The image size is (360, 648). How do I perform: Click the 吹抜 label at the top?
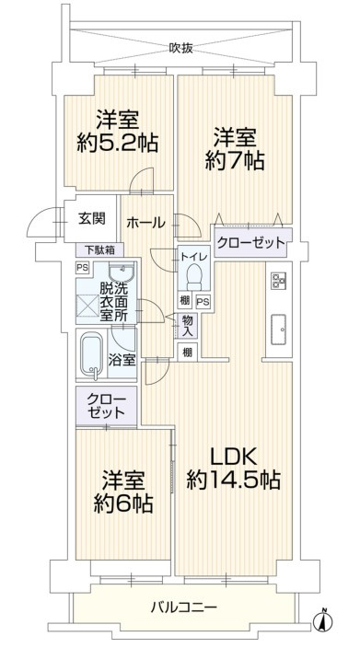[180, 49]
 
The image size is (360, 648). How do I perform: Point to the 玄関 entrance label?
[91, 220]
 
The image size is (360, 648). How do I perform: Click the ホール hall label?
[145, 222]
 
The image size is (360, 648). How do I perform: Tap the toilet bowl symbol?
[194, 276]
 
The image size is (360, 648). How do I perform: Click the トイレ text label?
[193, 258]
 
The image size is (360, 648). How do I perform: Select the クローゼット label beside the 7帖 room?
[250, 244]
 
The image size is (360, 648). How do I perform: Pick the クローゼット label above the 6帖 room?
[107, 404]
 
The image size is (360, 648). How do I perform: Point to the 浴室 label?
[123, 360]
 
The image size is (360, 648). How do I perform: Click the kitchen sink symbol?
[277, 324]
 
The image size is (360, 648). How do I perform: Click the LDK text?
[234, 455]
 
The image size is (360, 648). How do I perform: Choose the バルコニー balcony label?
[182, 608]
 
